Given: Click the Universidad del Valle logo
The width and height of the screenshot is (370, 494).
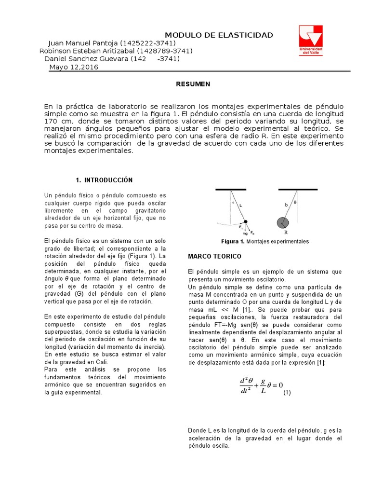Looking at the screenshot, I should point(311,40).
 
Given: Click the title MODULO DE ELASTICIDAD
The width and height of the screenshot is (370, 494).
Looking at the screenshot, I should point(219,35).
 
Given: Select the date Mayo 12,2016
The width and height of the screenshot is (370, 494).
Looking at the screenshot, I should point(74,67).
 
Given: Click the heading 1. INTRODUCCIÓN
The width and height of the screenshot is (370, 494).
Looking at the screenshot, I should point(104,180).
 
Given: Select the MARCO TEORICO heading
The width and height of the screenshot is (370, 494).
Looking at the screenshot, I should point(214,256).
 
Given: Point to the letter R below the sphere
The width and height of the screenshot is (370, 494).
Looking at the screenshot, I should point(286,232).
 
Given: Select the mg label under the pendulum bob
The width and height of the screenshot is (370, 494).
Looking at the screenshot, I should point(245,233).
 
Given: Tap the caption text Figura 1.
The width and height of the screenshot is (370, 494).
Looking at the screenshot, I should point(233,241).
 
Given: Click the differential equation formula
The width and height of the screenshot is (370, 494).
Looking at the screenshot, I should point(261,385).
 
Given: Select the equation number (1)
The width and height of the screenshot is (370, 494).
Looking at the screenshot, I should point(287,393).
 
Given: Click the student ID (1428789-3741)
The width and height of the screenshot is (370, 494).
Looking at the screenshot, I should point(165,51).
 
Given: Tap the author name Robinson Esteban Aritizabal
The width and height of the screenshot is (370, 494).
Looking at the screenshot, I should point(87,51).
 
